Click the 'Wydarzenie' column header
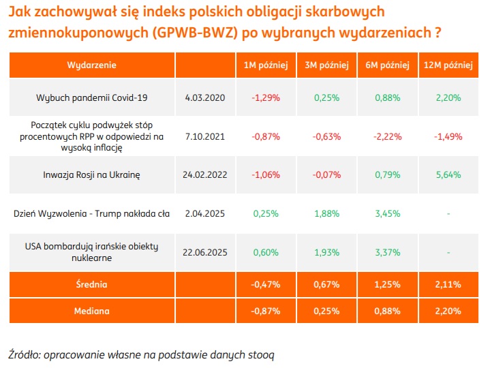[x=91, y=65]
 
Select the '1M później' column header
[x=266, y=65]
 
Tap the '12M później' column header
[x=448, y=65]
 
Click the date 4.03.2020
[x=204, y=97]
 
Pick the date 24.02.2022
[x=204, y=174]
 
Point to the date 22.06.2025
[x=204, y=252]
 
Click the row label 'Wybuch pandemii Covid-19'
[x=91, y=97]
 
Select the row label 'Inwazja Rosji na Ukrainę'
[x=91, y=174]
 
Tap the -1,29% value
[x=266, y=97]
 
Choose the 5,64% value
[x=448, y=174]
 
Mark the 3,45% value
[x=387, y=213]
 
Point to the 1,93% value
[x=326, y=252]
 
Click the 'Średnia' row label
[x=91, y=284]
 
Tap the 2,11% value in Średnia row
[x=448, y=284]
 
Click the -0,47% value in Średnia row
[x=266, y=284]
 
